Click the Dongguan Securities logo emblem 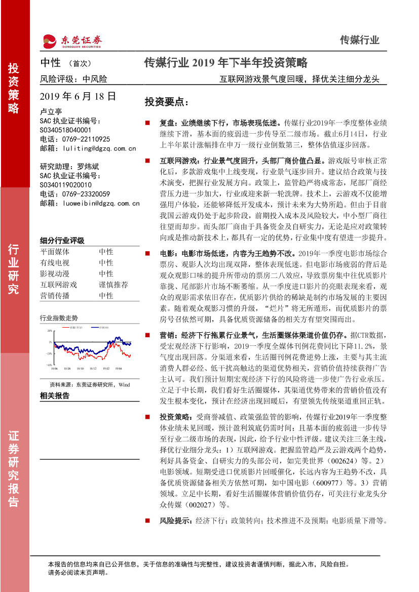[49, 41]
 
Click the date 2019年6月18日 [78, 96]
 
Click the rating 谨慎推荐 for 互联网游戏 [113, 285]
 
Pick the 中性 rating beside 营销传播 [106, 296]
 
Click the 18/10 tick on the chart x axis [81, 370]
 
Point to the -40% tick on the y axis [49, 364]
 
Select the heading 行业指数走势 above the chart [59, 318]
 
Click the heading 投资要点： [166, 102]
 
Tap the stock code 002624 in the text [341, 462]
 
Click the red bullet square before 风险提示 [147, 520]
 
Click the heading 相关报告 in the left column [54, 396]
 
